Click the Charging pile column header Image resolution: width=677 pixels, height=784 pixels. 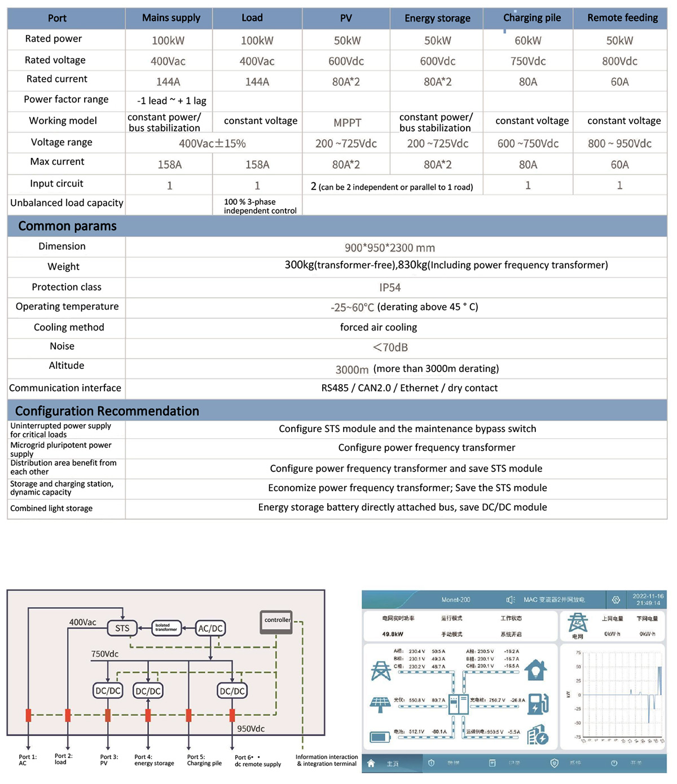click(531, 18)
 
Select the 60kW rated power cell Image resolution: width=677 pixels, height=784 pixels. click(527, 41)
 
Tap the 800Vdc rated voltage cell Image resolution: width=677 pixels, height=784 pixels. click(619, 61)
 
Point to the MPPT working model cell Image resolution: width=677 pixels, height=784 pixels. click(347, 122)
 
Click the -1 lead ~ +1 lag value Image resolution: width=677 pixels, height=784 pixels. click(172, 101)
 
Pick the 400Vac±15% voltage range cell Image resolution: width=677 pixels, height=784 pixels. click(212, 144)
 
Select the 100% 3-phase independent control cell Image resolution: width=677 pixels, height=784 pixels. click(260, 206)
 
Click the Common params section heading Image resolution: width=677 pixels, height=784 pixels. click(67, 226)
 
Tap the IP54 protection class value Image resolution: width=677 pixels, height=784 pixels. click(390, 288)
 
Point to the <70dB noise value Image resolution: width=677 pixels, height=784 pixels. click(390, 347)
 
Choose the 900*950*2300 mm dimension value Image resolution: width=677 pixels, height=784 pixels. click(390, 248)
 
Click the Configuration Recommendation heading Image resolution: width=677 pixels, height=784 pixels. click(107, 411)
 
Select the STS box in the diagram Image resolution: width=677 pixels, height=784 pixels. click(122, 628)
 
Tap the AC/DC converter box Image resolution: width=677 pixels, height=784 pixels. click(210, 628)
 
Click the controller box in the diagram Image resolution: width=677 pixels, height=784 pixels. click(276, 620)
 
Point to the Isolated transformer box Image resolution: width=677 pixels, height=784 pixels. click(166, 628)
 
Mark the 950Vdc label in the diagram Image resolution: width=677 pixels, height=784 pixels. click(250, 729)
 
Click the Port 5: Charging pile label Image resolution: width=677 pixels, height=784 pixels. click(204, 760)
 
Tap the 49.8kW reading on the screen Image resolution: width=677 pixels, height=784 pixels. click(393, 634)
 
